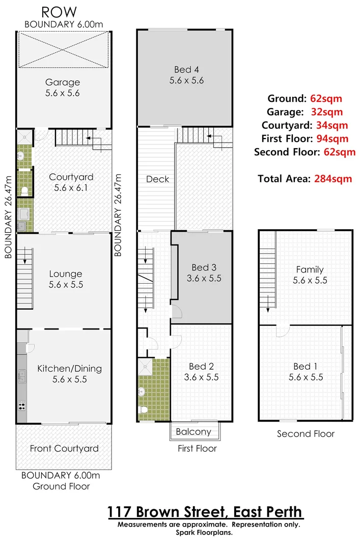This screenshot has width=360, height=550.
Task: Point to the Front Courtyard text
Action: [64, 448]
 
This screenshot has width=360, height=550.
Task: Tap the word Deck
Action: [157, 179]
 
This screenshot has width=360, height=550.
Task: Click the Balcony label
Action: [193, 432]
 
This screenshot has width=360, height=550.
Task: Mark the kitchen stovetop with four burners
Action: [22, 406]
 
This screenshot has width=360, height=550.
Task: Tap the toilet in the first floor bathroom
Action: [144, 410]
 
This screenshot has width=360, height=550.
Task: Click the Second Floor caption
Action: [306, 434]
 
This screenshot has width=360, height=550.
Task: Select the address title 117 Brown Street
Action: [205, 511]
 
